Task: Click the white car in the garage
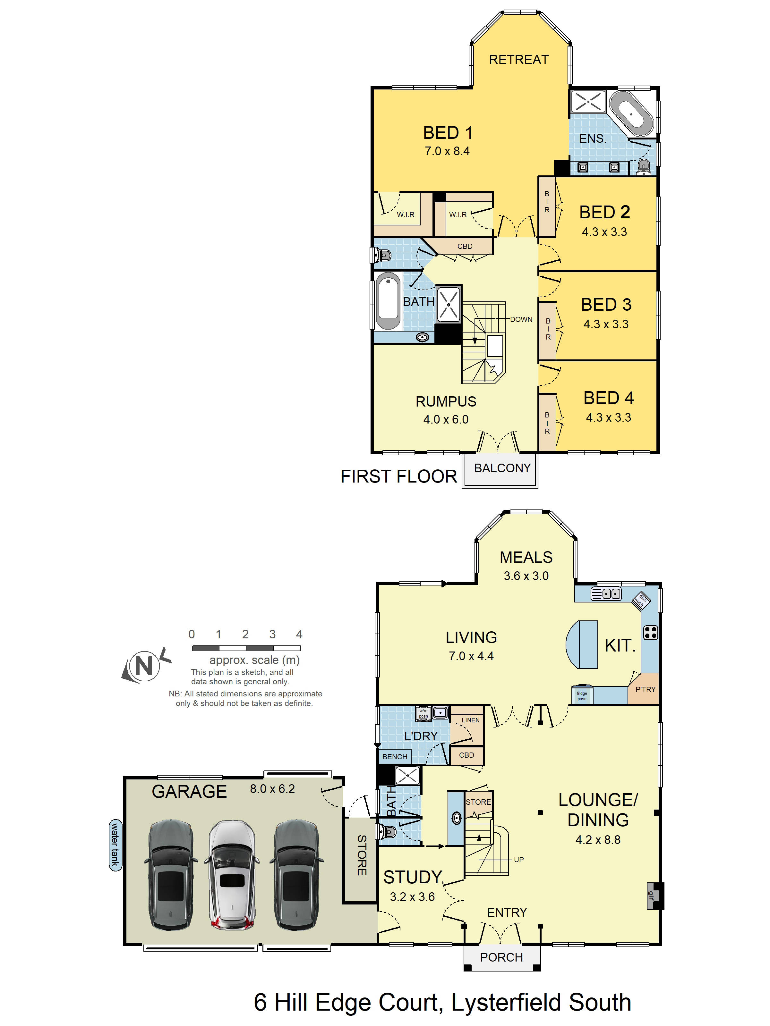pyautogui.click(x=231, y=875)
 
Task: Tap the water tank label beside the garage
pyautogui.click(x=115, y=845)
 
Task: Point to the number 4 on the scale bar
pyautogui.click(x=299, y=634)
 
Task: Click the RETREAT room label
pyautogui.click(x=518, y=60)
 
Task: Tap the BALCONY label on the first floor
pyautogui.click(x=502, y=468)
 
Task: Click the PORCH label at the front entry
pyautogui.click(x=501, y=957)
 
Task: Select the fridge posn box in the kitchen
pyautogui.click(x=582, y=696)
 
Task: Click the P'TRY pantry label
pyautogui.click(x=645, y=689)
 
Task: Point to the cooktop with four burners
pyautogui.click(x=650, y=633)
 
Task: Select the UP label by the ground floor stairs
pyautogui.click(x=518, y=860)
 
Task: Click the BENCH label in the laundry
pyautogui.click(x=395, y=756)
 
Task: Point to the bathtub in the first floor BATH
pyautogui.click(x=388, y=301)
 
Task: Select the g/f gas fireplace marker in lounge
pyautogui.click(x=650, y=896)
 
